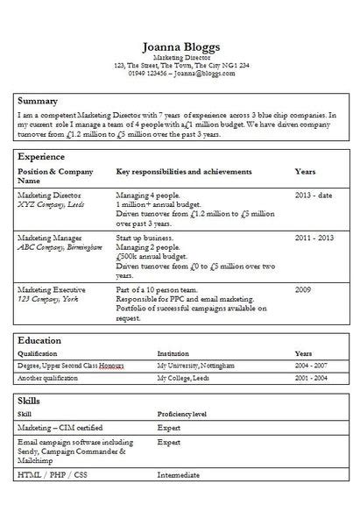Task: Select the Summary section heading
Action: pyautogui.click(x=38, y=101)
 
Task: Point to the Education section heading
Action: pyautogui.click(x=39, y=340)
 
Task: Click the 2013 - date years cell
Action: pyautogui.click(x=314, y=195)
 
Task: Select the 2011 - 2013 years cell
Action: pyautogui.click(x=314, y=238)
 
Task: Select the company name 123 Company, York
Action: pyautogui.click(x=48, y=297)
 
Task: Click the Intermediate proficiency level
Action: pyautogui.click(x=178, y=475)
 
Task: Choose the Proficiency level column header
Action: pyautogui.click(x=181, y=413)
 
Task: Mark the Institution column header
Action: pyautogui.click(x=173, y=352)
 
